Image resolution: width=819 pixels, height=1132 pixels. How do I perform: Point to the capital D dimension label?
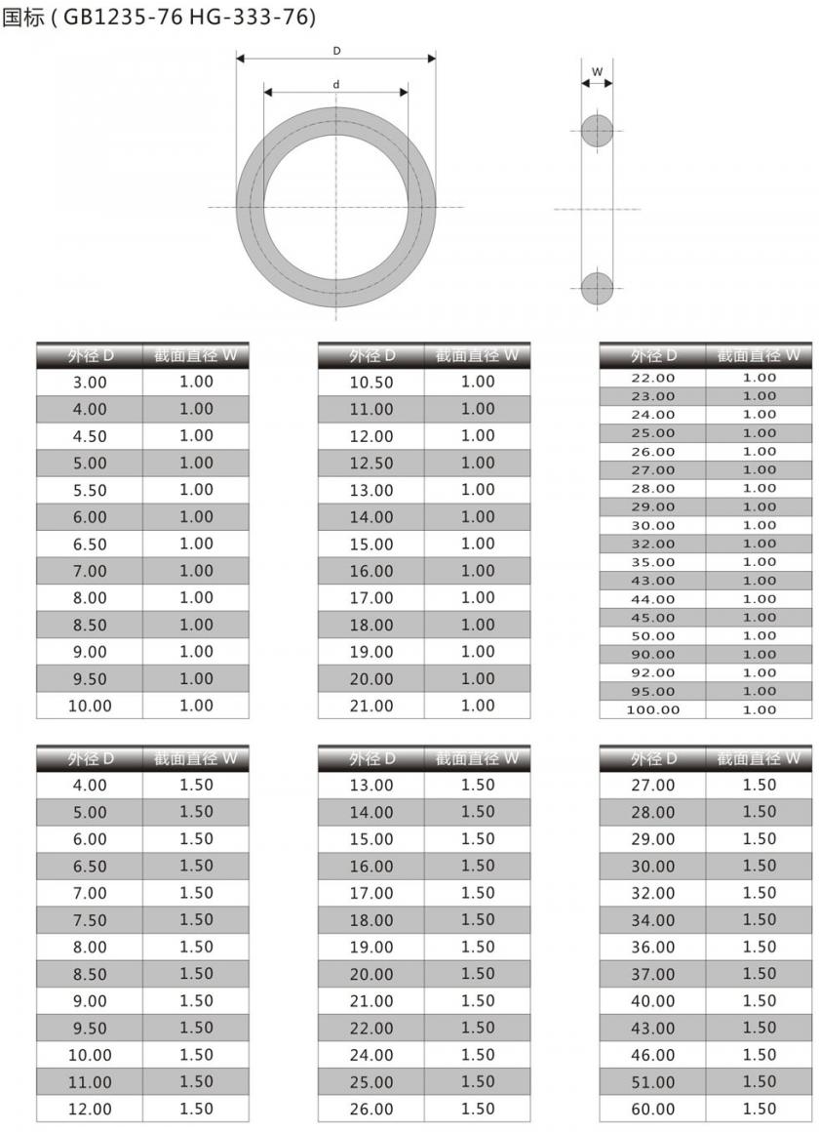coord(336,50)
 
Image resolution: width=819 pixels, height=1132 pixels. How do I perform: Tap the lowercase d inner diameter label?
coord(336,85)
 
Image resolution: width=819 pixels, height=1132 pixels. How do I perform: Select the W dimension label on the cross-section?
coord(598,71)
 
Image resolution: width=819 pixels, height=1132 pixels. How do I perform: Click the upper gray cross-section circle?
coord(598,131)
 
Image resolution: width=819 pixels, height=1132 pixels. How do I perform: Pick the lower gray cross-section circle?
coord(598,289)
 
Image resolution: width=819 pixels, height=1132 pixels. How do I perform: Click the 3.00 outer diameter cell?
coord(90,383)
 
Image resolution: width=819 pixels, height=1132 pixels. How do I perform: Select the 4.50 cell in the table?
coord(90,436)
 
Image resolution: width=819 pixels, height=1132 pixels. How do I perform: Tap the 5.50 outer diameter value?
coord(90,490)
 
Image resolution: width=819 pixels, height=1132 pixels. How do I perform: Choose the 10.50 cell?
coord(371,383)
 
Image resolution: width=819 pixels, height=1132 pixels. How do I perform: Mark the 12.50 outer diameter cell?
coord(371,464)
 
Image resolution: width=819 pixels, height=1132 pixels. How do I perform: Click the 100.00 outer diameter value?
coord(652,709)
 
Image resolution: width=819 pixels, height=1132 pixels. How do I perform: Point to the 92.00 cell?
coord(652,672)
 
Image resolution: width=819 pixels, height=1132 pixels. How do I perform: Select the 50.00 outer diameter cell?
coord(652,635)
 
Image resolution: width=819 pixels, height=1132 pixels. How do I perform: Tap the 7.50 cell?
coord(90,920)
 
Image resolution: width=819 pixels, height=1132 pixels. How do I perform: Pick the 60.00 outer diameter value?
coord(652,1110)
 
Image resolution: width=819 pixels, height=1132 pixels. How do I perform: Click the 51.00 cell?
coord(652,1082)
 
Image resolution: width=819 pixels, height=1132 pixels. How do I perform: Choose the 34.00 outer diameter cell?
coord(652,920)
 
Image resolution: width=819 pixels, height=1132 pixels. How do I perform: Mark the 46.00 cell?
coord(652,1055)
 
